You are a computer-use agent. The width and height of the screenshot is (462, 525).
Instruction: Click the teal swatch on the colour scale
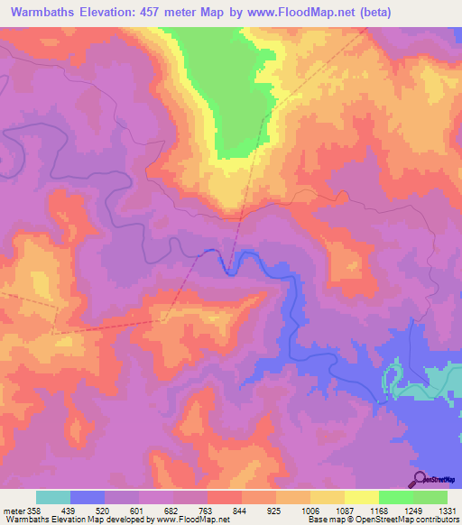pyautogui.click(x=53, y=497)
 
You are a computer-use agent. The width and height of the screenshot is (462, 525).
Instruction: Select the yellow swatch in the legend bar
pyautogui.click(x=361, y=497)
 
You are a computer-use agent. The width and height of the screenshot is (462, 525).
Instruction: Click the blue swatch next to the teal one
pyautogui.click(x=88, y=497)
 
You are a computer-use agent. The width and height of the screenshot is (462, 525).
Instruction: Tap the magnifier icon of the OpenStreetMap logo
pyautogui.click(x=417, y=478)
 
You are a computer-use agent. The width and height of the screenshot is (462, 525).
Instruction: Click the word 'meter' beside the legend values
pyautogui.click(x=13, y=511)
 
